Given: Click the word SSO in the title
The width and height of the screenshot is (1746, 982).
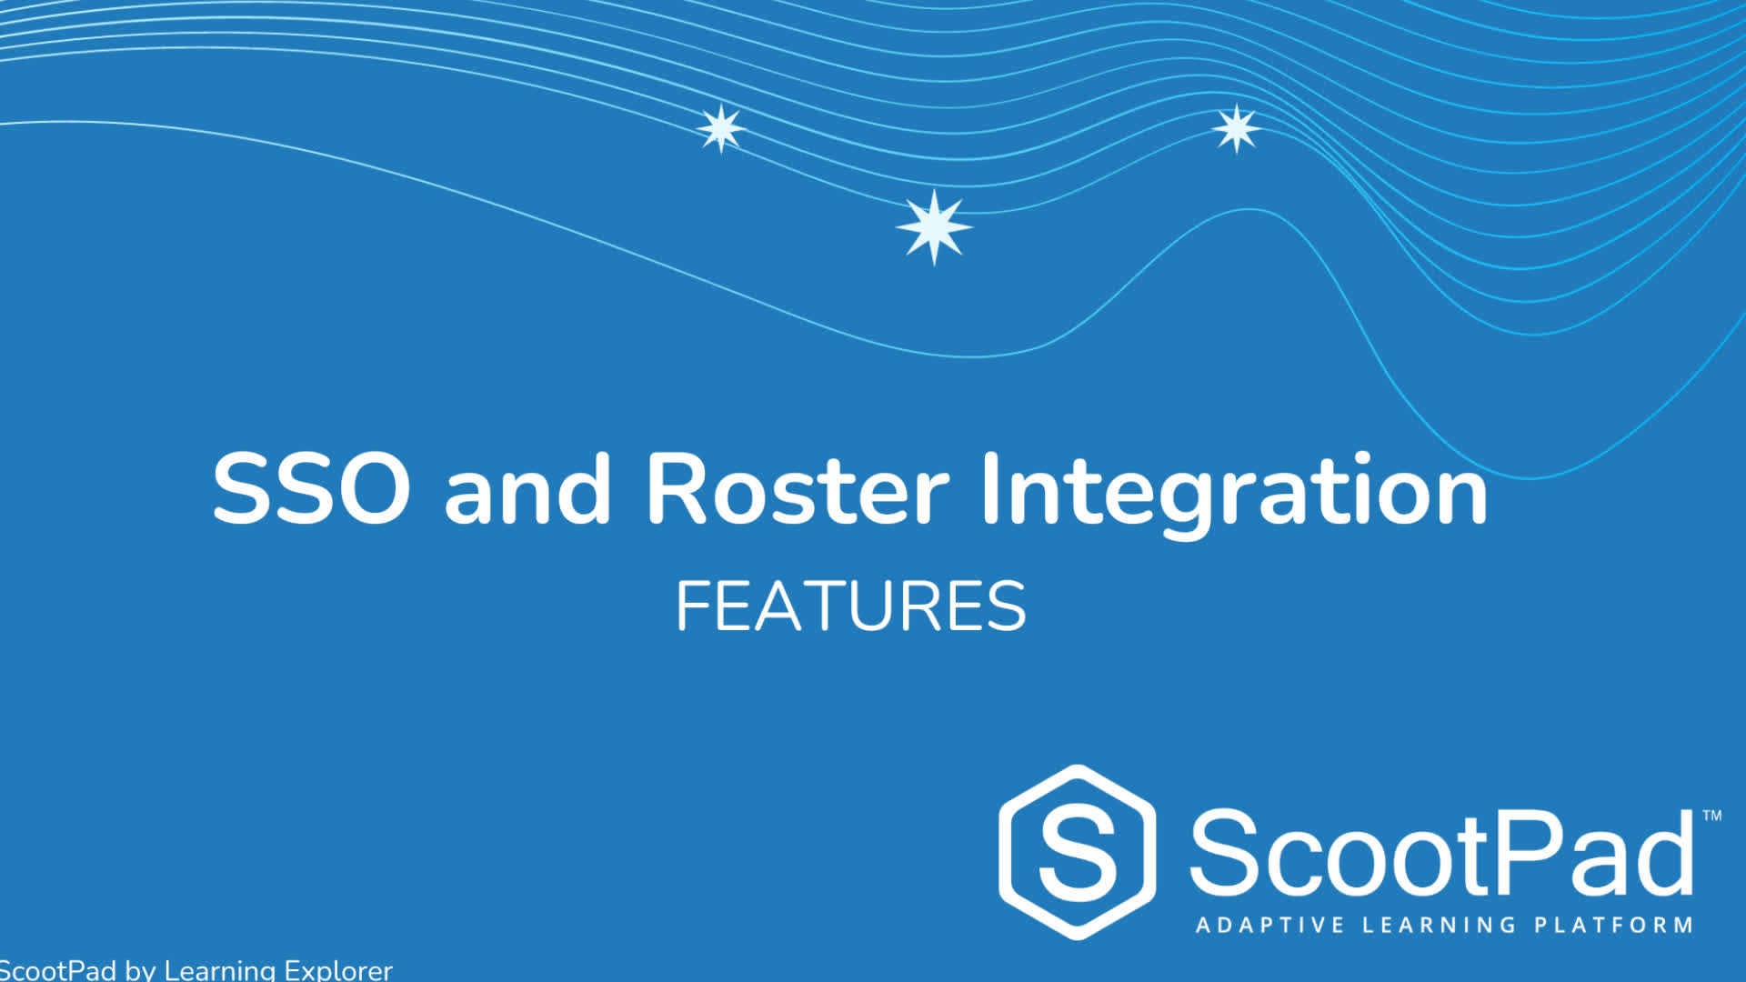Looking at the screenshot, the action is tap(311, 488).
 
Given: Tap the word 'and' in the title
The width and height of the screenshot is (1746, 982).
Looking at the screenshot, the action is tap(527, 488).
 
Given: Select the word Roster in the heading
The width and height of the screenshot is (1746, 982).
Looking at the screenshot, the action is tap(798, 488).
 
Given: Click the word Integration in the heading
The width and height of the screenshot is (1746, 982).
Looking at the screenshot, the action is tap(1235, 496).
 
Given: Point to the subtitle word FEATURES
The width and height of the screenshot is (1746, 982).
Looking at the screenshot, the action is tap(851, 606).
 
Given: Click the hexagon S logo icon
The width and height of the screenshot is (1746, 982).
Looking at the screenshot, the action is tap(1078, 852).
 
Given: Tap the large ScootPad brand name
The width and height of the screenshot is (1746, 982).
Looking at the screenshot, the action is tap(1442, 853).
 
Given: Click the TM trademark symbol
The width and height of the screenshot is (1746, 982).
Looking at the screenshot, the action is tap(1711, 816).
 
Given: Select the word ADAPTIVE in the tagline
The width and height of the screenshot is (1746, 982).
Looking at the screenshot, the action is tap(1269, 926).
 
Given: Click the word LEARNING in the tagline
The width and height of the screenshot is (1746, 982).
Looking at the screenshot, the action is tap(1439, 926).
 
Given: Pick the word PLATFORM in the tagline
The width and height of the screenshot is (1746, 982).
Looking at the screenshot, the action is tap(1613, 926).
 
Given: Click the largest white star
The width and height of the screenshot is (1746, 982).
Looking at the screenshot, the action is tap(934, 227).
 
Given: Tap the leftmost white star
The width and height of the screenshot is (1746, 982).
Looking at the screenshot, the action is tap(721, 128).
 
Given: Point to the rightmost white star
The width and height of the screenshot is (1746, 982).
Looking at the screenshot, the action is tap(1237, 128).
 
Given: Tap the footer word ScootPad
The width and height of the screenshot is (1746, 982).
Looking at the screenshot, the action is tap(58, 970).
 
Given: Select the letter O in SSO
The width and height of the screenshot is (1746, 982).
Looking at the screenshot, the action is tap(373, 488).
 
